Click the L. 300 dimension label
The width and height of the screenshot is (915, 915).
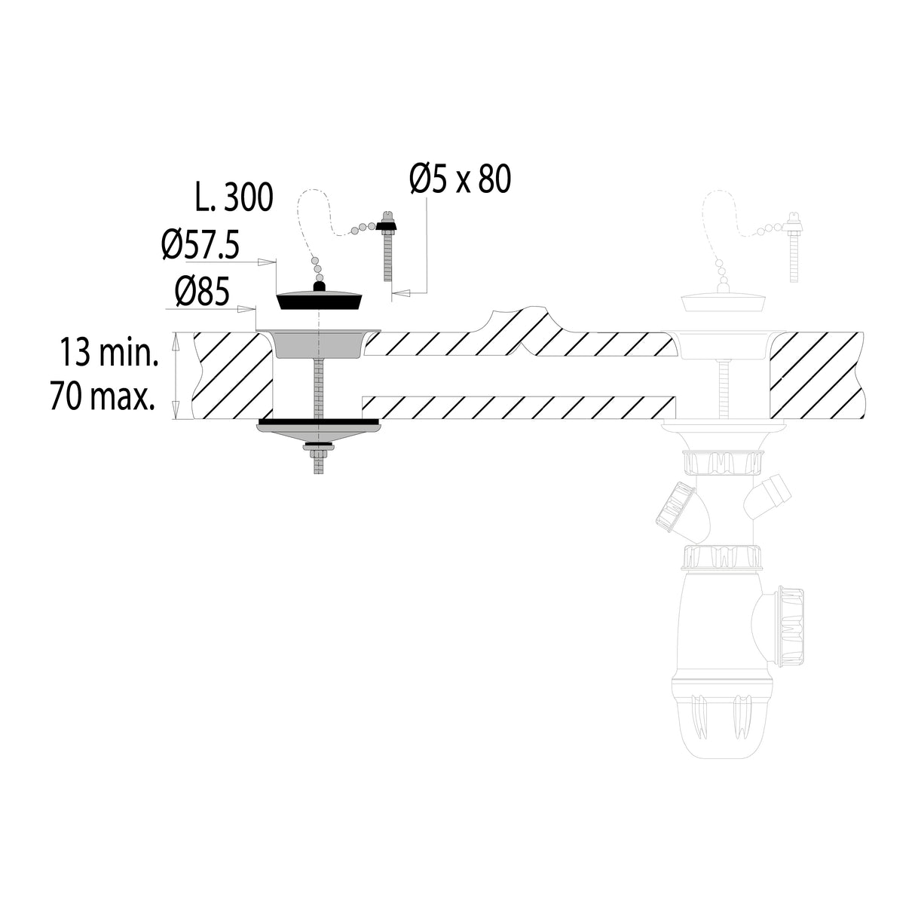point(234,197)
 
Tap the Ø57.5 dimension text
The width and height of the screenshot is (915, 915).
point(200,245)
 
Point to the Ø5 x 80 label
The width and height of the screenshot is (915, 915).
point(460,179)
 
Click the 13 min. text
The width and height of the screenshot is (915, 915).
point(109,352)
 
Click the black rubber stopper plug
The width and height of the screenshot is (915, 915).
point(320,298)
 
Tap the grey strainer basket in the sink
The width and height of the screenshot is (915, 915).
point(318,343)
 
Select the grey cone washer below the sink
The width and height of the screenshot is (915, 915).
point(318,433)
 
